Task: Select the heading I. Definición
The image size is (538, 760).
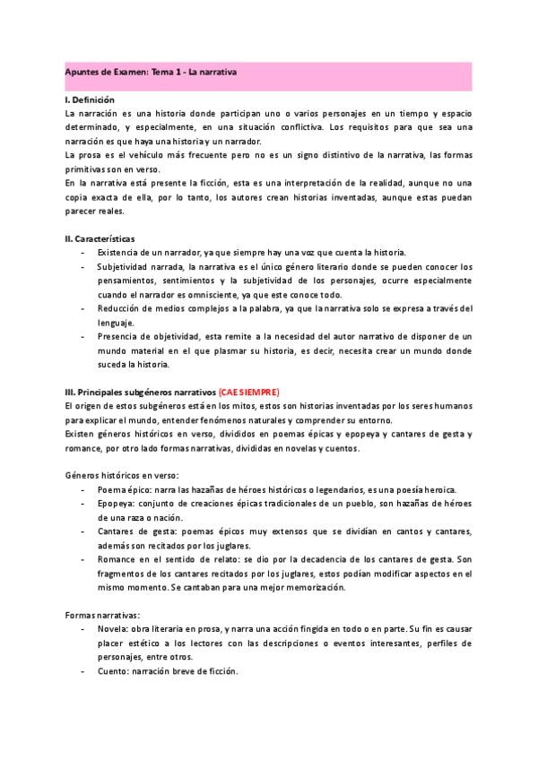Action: coord(91,99)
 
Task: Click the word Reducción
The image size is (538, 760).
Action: coord(120,308)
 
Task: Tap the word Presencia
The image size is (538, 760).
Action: coord(119,336)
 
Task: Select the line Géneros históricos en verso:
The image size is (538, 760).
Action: coord(122,474)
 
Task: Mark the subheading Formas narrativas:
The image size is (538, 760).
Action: coord(102,615)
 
